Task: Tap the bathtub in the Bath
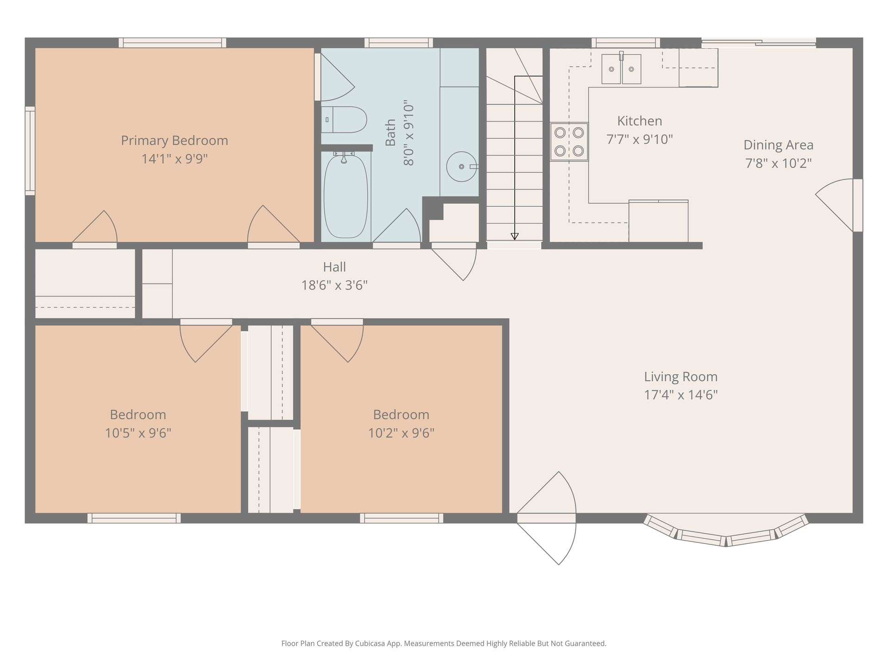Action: pyautogui.click(x=346, y=197)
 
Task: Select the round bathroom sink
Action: pyautogui.click(x=462, y=166)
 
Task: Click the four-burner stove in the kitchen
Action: pyautogui.click(x=569, y=142)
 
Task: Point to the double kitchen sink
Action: pyautogui.click(x=621, y=69)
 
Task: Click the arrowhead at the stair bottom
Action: pyautogui.click(x=514, y=236)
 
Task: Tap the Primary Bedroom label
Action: pyautogui.click(x=174, y=141)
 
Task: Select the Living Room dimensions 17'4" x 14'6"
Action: pyautogui.click(x=681, y=395)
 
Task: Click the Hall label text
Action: pyautogui.click(x=334, y=267)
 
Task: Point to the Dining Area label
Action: pyautogui.click(x=778, y=145)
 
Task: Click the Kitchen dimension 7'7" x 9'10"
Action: pyautogui.click(x=640, y=139)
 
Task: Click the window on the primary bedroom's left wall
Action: pyautogui.click(x=30, y=151)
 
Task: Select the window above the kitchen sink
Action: pyautogui.click(x=626, y=43)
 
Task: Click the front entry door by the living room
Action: pyautogui.click(x=547, y=518)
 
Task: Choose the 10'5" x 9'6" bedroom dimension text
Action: pyautogui.click(x=138, y=433)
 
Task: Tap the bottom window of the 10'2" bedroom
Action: pyautogui.click(x=401, y=518)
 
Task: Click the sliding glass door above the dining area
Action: pyautogui.click(x=758, y=43)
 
